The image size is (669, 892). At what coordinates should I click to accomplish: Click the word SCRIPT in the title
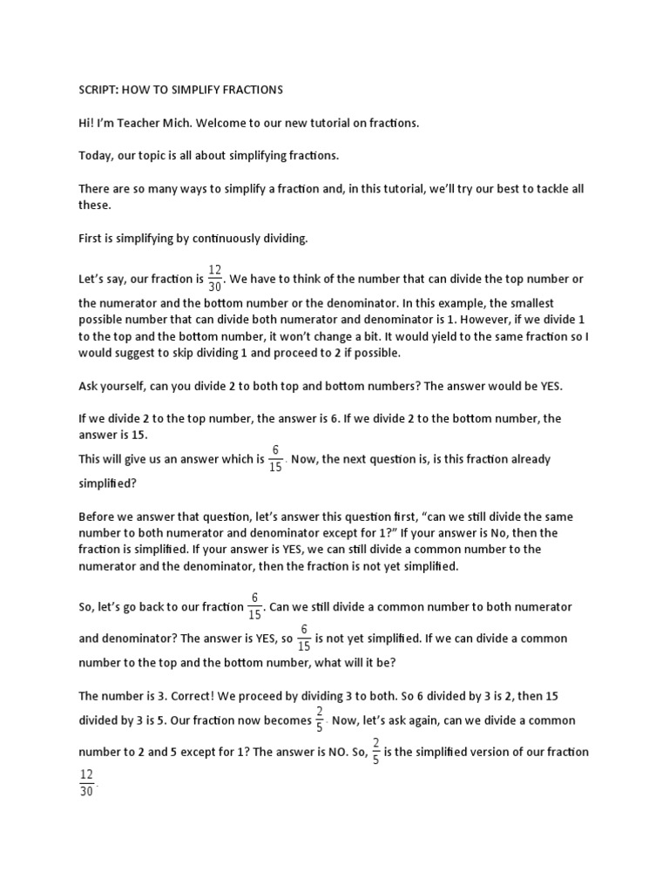(97, 90)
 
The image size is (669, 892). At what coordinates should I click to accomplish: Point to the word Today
(94, 156)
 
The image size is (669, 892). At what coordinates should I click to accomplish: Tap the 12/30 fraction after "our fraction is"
(215, 279)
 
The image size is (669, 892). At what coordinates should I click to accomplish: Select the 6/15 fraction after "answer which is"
(275, 458)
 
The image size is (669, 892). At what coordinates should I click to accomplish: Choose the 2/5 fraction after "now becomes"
(320, 720)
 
